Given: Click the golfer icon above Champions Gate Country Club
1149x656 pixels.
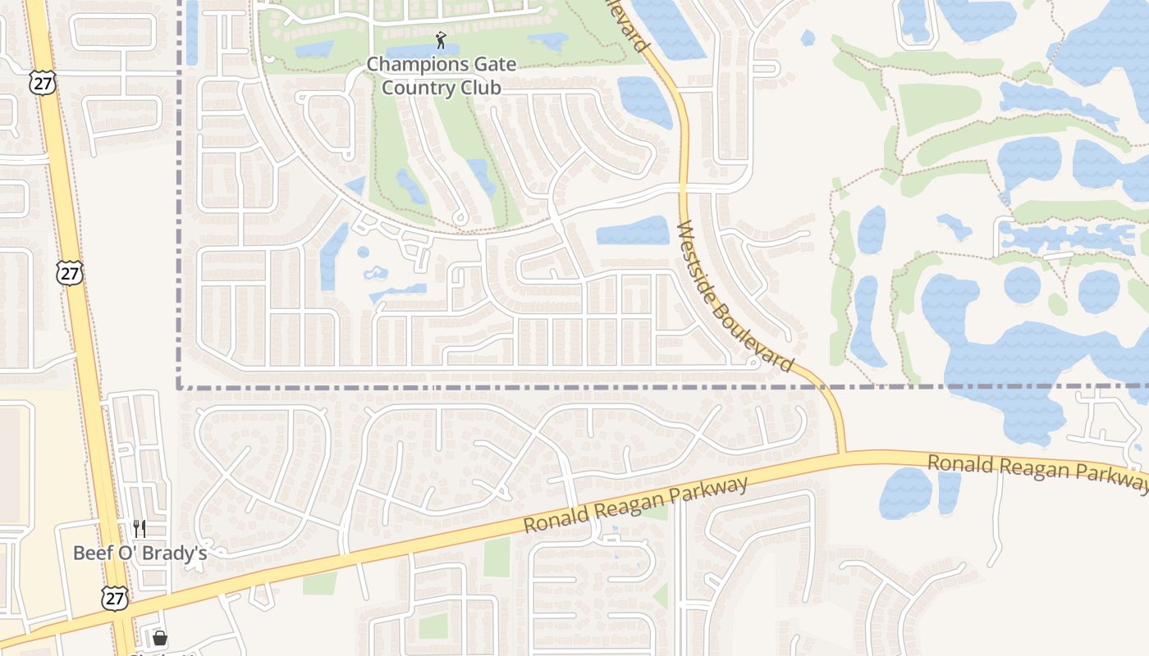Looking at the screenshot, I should pyautogui.click(x=442, y=39).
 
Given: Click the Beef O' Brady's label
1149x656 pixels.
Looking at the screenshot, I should pyautogui.click(x=140, y=553).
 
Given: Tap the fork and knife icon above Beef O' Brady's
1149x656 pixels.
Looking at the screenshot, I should pyautogui.click(x=140, y=529).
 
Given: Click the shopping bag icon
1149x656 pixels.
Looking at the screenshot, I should pyautogui.click(x=160, y=638).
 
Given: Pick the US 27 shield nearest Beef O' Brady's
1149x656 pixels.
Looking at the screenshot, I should pyautogui.click(x=115, y=598).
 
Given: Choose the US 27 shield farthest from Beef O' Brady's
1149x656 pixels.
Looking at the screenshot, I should pyautogui.click(x=43, y=82).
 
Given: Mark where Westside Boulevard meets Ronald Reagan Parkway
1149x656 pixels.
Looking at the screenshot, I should pyautogui.click(x=841, y=453).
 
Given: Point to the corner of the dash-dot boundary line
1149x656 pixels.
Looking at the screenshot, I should pyautogui.click(x=179, y=387).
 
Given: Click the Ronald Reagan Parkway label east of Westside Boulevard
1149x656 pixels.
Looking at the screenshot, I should pyautogui.click(x=1036, y=474).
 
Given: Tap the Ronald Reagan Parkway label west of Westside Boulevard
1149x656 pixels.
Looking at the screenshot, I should pyautogui.click(x=636, y=504).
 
